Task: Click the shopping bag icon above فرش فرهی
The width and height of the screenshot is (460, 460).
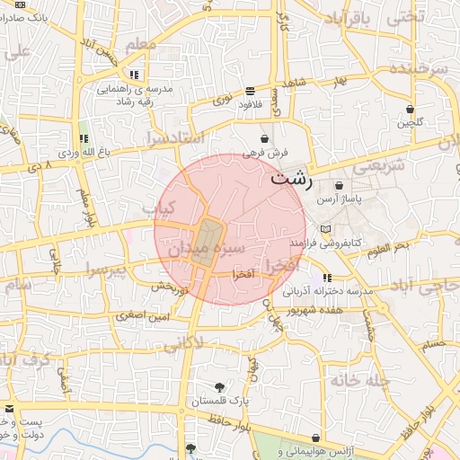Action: pyautogui.click(x=264, y=139)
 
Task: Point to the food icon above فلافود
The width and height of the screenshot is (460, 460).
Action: pyautogui.click(x=250, y=91)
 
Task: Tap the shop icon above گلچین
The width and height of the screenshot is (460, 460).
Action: pyautogui.click(x=411, y=108)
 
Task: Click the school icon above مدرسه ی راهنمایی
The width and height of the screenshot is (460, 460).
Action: pyautogui.click(x=134, y=75)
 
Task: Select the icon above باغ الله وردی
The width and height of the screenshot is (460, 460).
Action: pyautogui.click(x=84, y=139)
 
